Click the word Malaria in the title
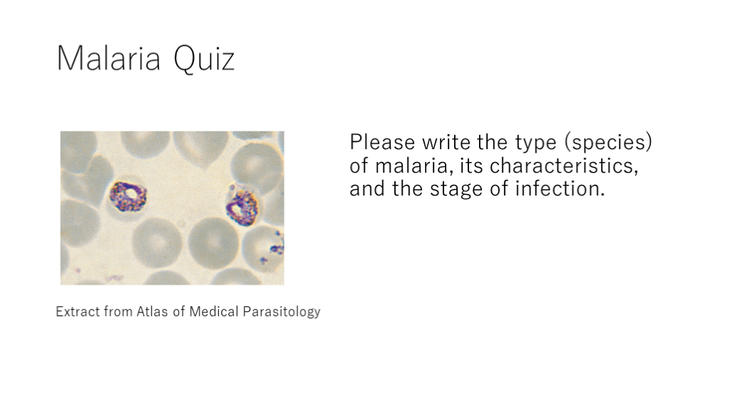108,59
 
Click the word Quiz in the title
204,59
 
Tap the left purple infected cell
128,196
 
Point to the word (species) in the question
608,142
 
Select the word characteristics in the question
564,166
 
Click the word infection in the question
560,188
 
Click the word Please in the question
382,142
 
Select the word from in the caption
118,311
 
